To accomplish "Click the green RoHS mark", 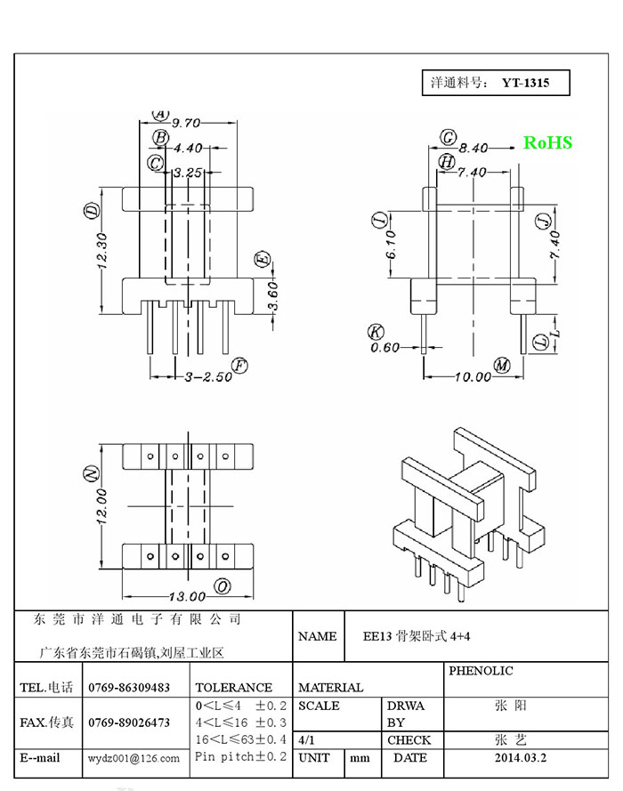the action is point(547,142).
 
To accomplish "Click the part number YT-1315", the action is point(525,84).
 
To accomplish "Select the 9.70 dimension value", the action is point(186,123).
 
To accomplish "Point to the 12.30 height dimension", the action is point(101,250).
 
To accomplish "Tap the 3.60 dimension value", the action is point(272,296).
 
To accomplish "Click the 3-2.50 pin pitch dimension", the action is point(208,376).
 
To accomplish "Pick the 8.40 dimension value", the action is point(473,149).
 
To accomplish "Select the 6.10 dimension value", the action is point(392,245).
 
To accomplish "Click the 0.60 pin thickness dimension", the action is point(384,347).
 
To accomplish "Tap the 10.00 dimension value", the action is point(473,377).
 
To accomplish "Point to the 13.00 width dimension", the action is point(187,597).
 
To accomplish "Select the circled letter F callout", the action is point(239,366).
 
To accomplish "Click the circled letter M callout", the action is point(502,365).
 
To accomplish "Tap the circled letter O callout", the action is point(222,586).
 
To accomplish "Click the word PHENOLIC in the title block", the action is point(481,671).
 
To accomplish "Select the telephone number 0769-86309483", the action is point(129,688).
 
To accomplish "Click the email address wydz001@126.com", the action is point(133,758).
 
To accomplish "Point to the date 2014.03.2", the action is point(520,758).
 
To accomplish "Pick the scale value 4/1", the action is point(306,740).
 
